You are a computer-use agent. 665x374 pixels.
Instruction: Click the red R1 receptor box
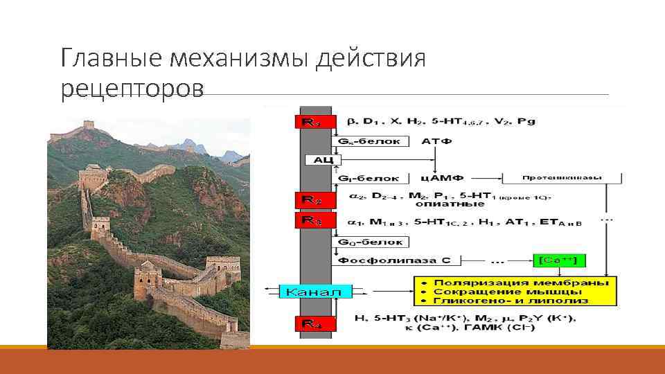(x=309, y=122)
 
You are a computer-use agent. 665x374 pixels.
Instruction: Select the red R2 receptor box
(x=309, y=199)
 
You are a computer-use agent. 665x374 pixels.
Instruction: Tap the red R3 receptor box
(x=309, y=220)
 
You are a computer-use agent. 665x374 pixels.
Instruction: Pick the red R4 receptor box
(x=309, y=323)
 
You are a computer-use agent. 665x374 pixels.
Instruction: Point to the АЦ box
(x=319, y=159)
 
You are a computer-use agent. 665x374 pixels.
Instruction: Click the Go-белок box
(x=371, y=242)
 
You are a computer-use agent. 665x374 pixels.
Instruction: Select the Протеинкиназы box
(x=561, y=177)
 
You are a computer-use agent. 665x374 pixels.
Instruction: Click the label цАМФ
(x=435, y=178)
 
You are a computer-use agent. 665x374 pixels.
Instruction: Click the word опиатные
(x=440, y=204)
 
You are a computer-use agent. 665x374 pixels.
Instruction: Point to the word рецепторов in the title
(x=132, y=88)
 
